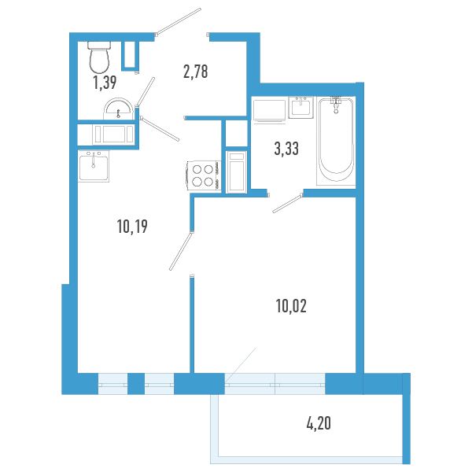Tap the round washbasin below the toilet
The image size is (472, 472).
[x=117, y=106]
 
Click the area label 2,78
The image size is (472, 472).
[x=195, y=72]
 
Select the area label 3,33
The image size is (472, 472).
[x=286, y=147]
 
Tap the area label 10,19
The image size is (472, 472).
[x=132, y=227]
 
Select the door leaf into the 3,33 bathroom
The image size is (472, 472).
[x=286, y=202]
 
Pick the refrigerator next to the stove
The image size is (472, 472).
[x=236, y=172]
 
